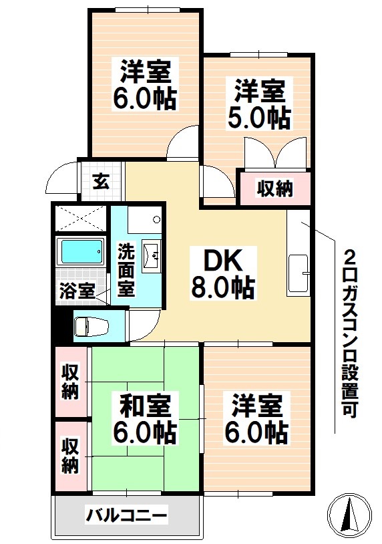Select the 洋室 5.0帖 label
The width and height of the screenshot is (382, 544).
click(x=261, y=104)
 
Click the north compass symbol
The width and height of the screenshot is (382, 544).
click(x=350, y=515)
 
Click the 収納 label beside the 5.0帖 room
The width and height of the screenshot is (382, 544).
click(x=275, y=188)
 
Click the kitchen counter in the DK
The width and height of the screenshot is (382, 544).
click(x=299, y=255)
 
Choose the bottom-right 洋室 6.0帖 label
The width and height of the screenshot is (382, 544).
click(x=260, y=419)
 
